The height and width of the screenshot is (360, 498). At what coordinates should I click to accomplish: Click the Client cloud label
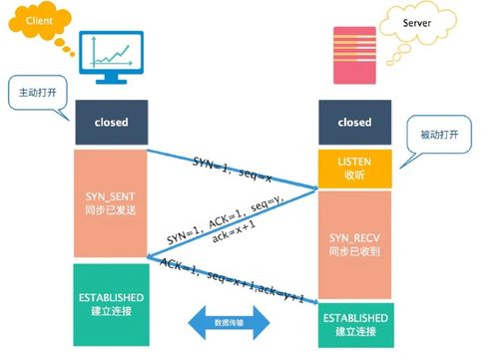30,21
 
